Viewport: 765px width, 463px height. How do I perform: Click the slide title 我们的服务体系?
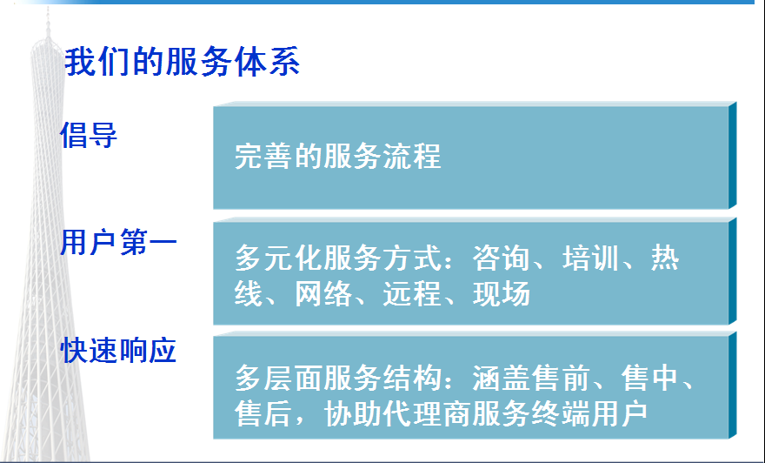(182, 62)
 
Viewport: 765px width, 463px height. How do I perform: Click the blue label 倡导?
(89, 135)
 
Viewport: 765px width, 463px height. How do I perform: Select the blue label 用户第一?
(118, 242)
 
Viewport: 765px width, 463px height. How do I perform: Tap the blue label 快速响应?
(118, 350)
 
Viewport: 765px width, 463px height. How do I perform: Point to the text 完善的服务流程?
(337, 157)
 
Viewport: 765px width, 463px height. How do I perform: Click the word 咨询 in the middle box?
(501, 258)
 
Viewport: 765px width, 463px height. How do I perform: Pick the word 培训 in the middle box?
(590, 258)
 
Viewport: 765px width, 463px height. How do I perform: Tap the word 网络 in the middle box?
(323, 293)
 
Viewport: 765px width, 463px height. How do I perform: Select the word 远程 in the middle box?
(412, 293)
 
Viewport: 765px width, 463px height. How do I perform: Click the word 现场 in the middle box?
(502, 293)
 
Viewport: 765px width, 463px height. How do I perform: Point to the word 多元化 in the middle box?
(278, 258)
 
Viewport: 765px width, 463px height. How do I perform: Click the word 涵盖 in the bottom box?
(502, 378)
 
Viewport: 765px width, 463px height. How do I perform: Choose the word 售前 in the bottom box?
(561, 378)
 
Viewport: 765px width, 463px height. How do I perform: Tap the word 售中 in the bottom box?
(650, 378)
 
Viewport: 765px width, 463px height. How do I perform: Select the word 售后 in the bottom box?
(263, 413)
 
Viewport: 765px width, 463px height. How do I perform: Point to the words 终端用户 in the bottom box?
(589, 413)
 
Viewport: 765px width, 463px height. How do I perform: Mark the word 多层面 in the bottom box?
(278, 378)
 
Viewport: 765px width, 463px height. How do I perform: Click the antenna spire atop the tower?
(48, 23)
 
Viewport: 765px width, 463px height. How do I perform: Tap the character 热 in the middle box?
(665, 258)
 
